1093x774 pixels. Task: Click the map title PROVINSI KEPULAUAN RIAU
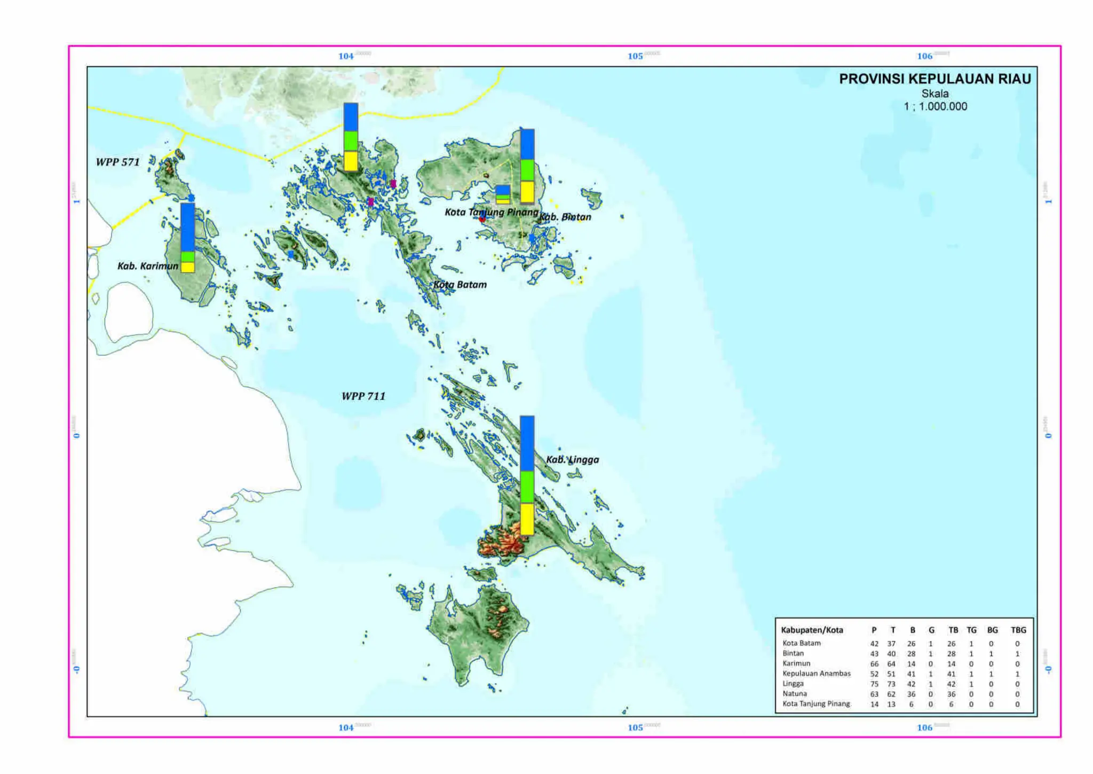click(934, 79)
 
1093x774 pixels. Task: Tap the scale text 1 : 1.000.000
click(935, 106)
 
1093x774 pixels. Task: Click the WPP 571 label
click(117, 162)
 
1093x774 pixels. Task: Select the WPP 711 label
click(363, 396)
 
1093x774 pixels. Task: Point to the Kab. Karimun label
click(148, 265)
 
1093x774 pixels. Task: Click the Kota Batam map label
click(460, 285)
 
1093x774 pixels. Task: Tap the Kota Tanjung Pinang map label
click(492, 212)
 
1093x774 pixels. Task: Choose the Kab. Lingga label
click(572, 459)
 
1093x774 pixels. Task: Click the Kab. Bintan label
click(566, 217)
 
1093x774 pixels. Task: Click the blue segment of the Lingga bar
click(527, 443)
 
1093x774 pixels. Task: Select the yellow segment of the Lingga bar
click(527, 519)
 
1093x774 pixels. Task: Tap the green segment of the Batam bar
click(351, 141)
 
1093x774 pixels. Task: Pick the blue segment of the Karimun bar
click(187, 227)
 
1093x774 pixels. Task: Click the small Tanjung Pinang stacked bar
click(502, 194)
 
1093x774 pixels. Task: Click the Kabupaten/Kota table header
click(812, 630)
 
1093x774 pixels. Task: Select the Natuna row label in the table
click(795, 693)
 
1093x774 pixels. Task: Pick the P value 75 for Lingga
click(874, 684)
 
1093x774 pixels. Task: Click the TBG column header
click(1018, 630)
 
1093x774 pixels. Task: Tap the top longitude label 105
click(635, 56)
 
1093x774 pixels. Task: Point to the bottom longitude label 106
click(924, 728)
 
